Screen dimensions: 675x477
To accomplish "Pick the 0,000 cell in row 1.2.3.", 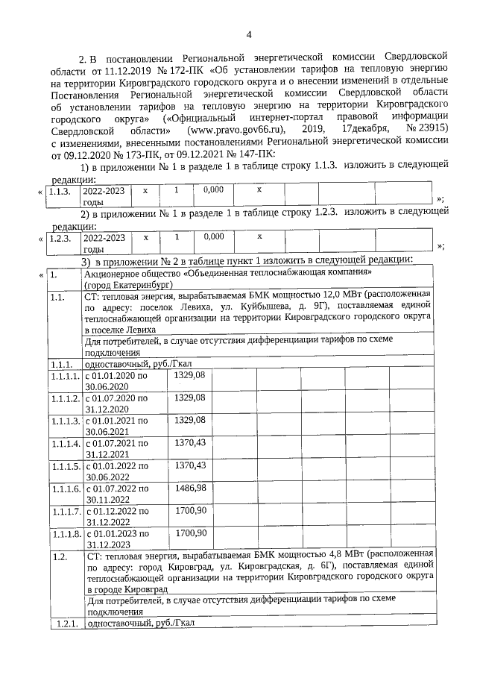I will point(213,236).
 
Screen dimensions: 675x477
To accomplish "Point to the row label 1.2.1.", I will point(65,623).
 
